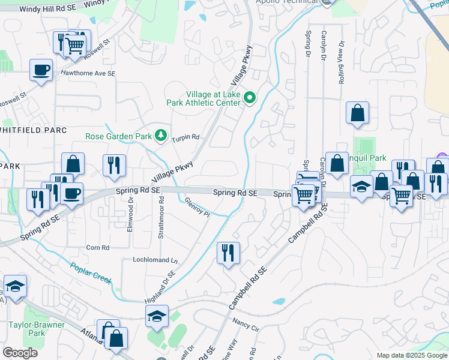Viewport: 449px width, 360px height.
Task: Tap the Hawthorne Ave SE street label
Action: (87, 73)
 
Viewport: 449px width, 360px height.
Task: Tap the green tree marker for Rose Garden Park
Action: (160, 136)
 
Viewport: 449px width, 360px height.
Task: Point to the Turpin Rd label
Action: (185, 137)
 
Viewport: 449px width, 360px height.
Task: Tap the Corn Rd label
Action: (97, 247)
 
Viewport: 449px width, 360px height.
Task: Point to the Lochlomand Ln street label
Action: (156, 260)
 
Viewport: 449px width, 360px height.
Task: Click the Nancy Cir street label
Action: (245, 328)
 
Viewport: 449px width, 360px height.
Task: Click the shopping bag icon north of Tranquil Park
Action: (357, 112)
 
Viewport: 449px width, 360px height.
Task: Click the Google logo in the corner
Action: (20, 353)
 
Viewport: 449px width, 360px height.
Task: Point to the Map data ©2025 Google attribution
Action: (411, 355)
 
